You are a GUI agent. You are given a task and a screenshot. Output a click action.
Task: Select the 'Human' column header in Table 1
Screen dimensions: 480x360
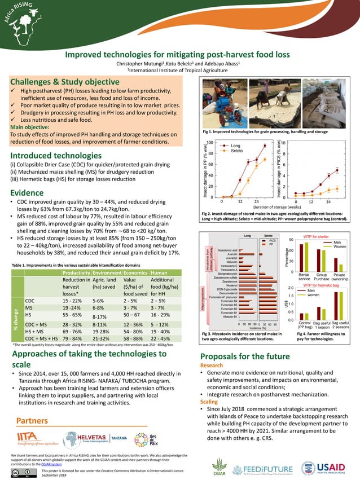tap(160, 272)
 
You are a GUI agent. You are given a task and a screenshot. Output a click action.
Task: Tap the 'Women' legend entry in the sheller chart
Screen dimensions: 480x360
tap(340, 247)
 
